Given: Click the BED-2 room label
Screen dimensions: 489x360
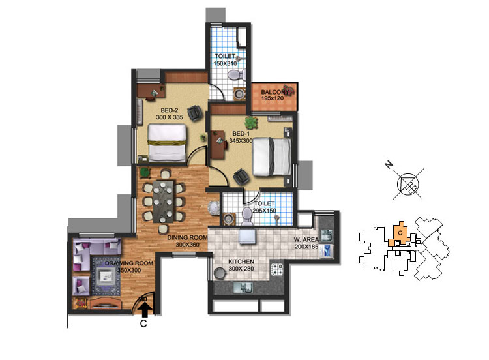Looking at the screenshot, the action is pyautogui.click(x=170, y=110).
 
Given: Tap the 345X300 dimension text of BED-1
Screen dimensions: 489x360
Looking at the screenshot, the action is pyautogui.click(x=241, y=141).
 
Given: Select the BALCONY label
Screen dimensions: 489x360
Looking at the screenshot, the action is pyautogui.click(x=274, y=92).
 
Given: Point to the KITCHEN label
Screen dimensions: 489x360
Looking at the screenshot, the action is pyautogui.click(x=241, y=262).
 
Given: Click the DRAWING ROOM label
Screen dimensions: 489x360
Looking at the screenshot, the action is pyautogui.click(x=129, y=263).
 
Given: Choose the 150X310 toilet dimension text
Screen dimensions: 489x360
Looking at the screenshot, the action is pyautogui.click(x=225, y=63).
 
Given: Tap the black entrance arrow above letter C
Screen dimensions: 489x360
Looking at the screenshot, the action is pyautogui.click(x=145, y=310).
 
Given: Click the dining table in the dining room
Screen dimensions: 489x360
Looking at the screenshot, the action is pyautogui.click(x=163, y=202).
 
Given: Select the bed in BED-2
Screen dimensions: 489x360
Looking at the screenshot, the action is pyautogui.click(x=167, y=143).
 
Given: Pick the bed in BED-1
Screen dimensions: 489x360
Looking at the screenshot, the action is pyautogui.click(x=271, y=157).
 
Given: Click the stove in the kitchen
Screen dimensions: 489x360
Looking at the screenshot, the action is pyautogui.click(x=276, y=269).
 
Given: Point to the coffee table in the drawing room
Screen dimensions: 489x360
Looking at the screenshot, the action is pyautogui.click(x=106, y=275).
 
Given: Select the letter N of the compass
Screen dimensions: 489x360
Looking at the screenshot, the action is pyautogui.click(x=389, y=164).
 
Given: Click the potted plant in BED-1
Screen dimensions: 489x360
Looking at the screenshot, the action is pyautogui.click(x=251, y=123).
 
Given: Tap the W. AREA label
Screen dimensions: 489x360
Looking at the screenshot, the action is pyautogui.click(x=306, y=240).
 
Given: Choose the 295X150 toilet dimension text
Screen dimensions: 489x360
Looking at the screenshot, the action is pyautogui.click(x=264, y=211).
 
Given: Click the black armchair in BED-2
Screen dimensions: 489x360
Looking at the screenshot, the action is pyautogui.click(x=195, y=113).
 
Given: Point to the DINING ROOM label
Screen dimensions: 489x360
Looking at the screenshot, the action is pyautogui.click(x=187, y=237).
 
